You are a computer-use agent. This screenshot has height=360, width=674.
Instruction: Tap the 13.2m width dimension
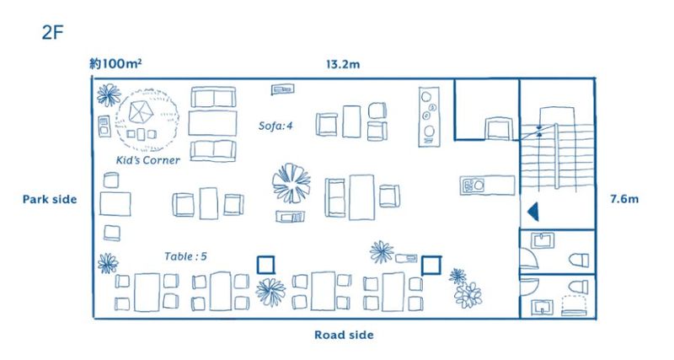coord(345,65)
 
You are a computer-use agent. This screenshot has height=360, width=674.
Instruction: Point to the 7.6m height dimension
coord(625,200)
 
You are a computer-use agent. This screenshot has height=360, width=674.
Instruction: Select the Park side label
coord(50,200)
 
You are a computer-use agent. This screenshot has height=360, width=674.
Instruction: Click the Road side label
coord(344,335)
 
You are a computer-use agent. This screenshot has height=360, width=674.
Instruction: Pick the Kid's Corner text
coord(148,160)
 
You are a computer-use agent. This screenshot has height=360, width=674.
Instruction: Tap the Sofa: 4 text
coord(277,126)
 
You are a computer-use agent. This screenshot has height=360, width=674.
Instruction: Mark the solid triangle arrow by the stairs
coord(532,210)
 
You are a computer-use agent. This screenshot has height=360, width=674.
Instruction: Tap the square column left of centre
coord(266,265)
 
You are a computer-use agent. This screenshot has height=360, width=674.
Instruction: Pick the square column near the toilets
coord(431,265)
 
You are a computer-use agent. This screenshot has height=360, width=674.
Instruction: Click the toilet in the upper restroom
coord(579,256)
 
